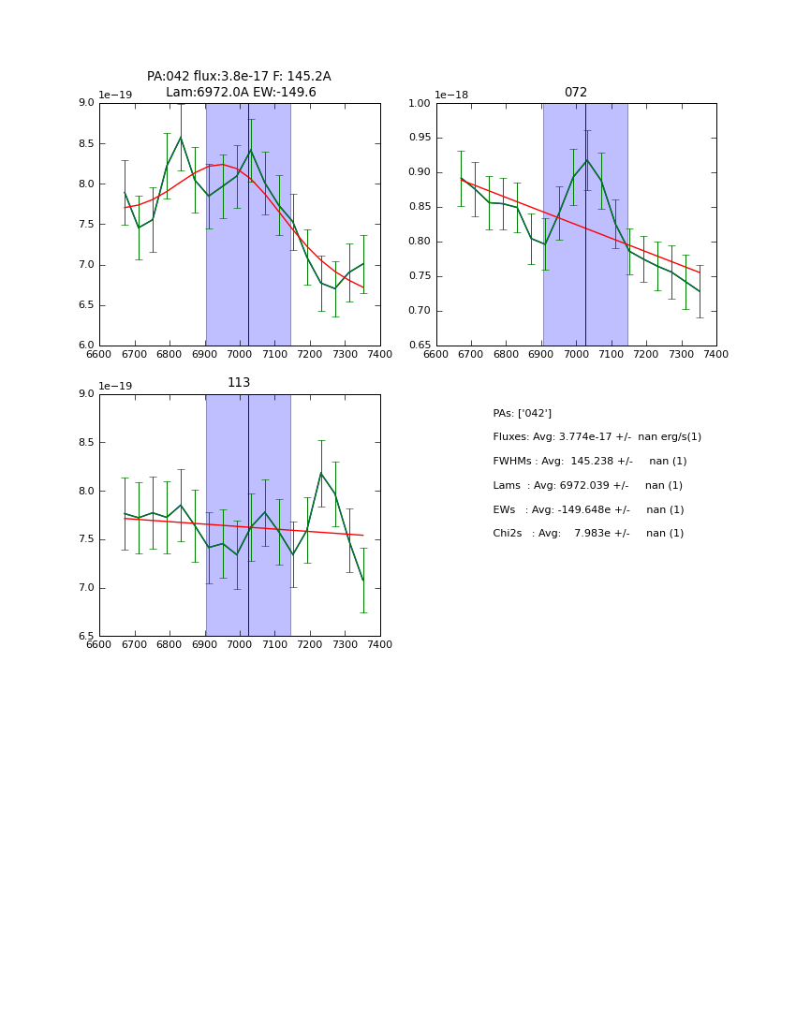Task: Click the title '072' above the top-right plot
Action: click(x=576, y=93)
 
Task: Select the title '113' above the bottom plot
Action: click(x=239, y=383)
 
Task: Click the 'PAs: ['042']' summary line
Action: click(x=522, y=414)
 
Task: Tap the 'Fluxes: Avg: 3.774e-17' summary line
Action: click(x=597, y=437)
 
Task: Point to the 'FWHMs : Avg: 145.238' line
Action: click(x=589, y=462)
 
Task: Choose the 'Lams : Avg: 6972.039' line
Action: click(x=587, y=486)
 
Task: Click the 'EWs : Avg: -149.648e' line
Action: click(x=588, y=510)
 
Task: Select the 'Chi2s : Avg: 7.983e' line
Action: click(x=588, y=534)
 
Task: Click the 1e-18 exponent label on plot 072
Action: click(x=451, y=96)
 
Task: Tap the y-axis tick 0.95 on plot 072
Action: click(x=419, y=138)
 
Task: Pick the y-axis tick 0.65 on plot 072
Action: click(x=419, y=346)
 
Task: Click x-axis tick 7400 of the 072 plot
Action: click(x=716, y=355)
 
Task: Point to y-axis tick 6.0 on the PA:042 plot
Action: click(x=85, y=346)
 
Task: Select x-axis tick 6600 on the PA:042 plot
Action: click(x=99, y=355)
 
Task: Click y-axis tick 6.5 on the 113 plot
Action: click(x=85, y=637)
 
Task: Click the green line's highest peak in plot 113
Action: click(x=321, y=473)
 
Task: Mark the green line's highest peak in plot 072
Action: click(x=587, y=160)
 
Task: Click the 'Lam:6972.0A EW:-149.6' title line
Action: click(x=241, y=93)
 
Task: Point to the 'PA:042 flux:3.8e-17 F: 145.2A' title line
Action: click(x=239, y=77)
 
